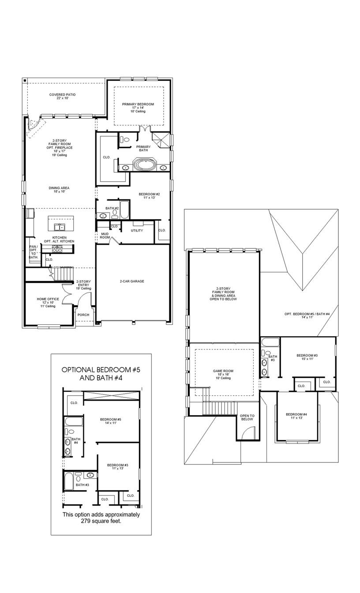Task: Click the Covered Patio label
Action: (62, 96)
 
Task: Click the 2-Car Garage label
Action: (132, 281)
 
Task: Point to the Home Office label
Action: (48, 302)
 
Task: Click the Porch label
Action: (83, 315)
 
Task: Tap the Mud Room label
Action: (105, 235)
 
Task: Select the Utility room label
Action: (137, 230)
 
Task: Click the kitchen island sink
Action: (59, 227)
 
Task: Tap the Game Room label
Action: (223, 374)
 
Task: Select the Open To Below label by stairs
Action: (247, 417)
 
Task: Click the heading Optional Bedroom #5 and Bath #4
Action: (101, 374)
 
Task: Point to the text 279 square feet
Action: (101, 521)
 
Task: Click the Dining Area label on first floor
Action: (59, 190)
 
